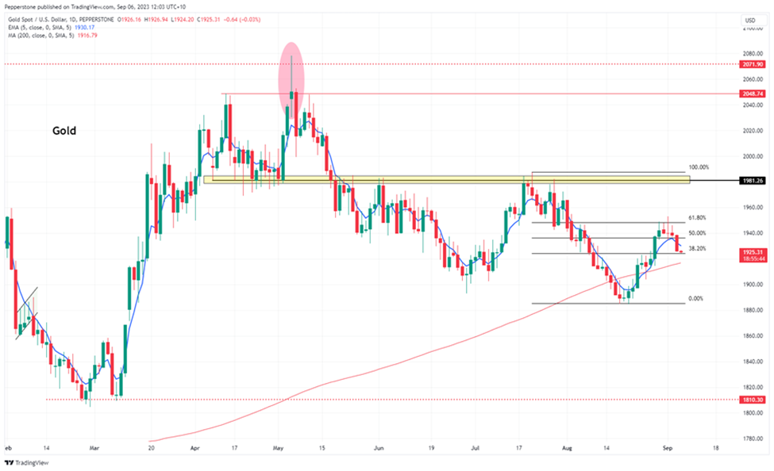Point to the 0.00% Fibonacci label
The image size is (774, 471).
[695, 299]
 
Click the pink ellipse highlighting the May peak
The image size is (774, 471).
[291, 79]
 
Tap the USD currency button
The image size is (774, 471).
[749, 20]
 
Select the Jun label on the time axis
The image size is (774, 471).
[379, 446]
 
